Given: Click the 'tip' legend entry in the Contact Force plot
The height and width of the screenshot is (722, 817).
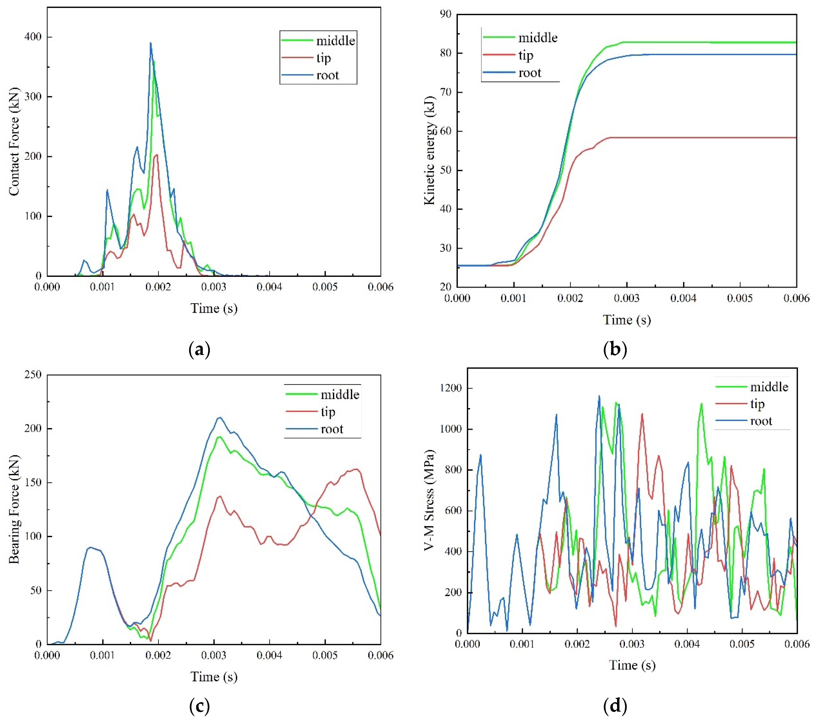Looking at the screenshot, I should point(323,58).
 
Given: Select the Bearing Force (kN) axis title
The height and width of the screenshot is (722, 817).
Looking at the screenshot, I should point(14,509).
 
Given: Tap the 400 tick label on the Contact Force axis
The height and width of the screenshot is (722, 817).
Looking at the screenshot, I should point(33,37).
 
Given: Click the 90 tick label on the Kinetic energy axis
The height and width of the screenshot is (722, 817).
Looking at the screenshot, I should point(445,14).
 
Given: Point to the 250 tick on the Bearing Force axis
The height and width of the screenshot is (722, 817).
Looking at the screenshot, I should point(33,375).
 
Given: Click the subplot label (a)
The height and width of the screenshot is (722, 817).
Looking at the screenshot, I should point(199,350).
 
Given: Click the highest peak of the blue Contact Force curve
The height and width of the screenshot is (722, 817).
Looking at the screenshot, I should point(151,43).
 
